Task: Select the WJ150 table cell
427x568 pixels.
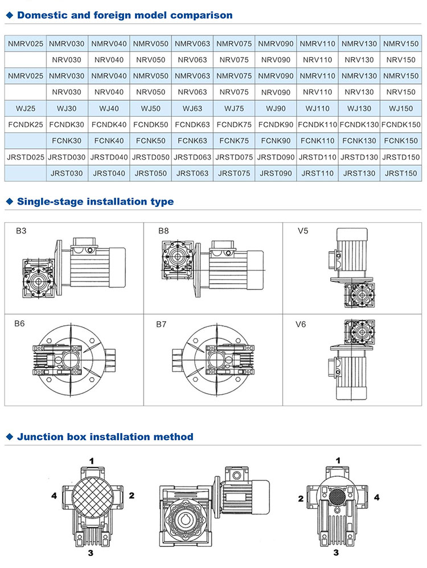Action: click(x=401, y=108)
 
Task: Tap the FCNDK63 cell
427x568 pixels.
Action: click(x=192, y=124)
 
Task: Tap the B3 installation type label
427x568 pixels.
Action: click(x=21, y=231)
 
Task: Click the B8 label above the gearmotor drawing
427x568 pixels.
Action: click(x=164, y=231)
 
